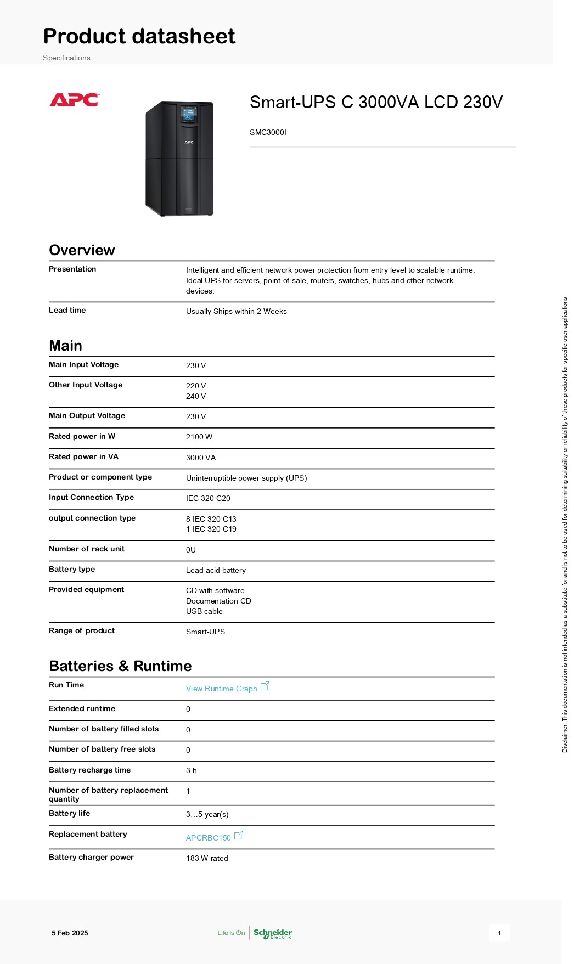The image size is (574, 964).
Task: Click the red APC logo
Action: coord(74,100)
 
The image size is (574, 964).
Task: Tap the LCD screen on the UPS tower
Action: coord(188,115)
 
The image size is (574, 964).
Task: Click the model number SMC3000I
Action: coord(268,132)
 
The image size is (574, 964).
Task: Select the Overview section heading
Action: coord(82,250)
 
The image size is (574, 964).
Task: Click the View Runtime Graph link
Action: coord(222,689)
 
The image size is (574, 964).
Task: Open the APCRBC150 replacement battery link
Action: coord(209,838)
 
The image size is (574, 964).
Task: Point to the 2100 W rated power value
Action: coord(199,437)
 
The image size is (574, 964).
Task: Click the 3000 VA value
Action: coord(201,458)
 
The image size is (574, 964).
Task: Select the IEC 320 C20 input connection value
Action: coord(208,498)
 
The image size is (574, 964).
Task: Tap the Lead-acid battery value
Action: coord(216,570)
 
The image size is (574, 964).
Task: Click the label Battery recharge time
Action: coord(89,770)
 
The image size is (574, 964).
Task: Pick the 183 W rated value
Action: coord(207,858)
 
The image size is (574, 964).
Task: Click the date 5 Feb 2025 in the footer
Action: coord(70,933)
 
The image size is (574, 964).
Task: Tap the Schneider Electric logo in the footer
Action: coord(273,933)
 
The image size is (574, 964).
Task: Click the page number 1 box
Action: coord(499,933)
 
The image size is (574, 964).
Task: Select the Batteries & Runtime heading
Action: coord(120,666)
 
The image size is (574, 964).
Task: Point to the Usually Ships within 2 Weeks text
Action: coord(236,311)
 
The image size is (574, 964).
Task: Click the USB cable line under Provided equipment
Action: coord(204,611)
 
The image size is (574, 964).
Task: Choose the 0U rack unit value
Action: coord(191,550)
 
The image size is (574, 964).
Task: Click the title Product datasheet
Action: coord(139,36)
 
